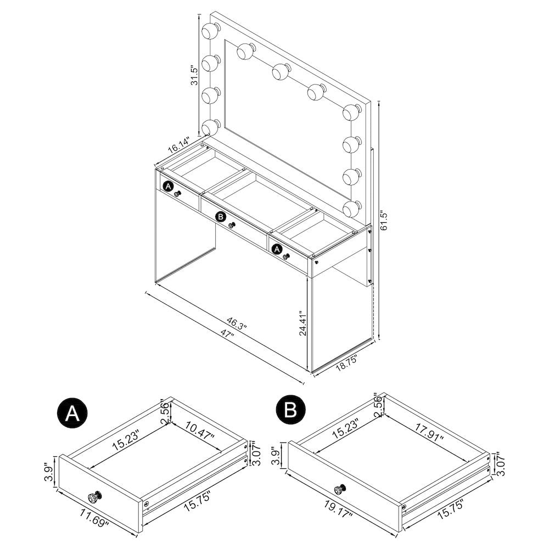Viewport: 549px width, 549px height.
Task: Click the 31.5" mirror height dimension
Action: (x=194, y=75)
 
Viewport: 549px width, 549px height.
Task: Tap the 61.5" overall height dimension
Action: (x=384, y=220)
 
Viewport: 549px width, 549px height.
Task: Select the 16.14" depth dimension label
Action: (x=178, y=145)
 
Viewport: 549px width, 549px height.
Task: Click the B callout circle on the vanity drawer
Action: (x=221, y=217)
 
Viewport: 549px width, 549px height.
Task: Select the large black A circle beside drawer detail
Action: (x=72, y=413)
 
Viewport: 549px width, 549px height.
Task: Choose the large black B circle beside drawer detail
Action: (x=290, y=410)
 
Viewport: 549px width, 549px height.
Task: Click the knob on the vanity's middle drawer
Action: (x=232, y=225)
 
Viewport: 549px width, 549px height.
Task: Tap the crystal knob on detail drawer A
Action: (x=94, y=497)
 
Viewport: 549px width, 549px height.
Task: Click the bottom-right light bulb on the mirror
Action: (x=352, y=209)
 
